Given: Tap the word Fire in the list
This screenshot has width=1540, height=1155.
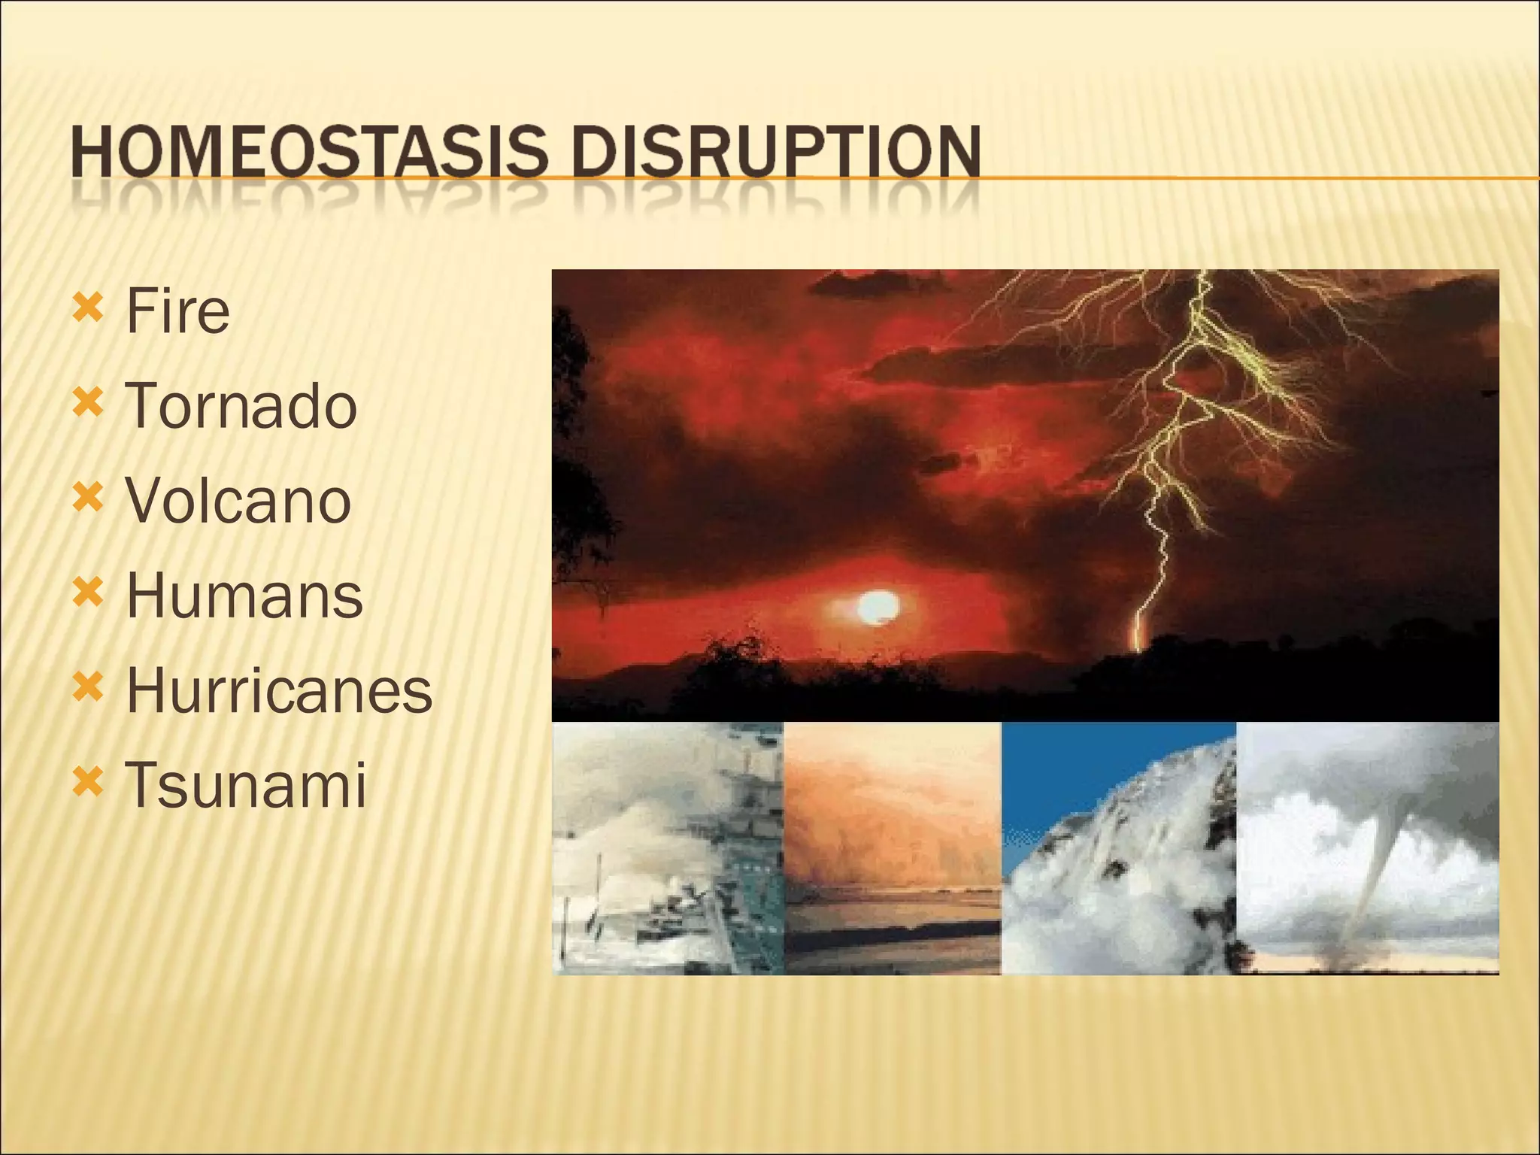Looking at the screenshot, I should pos(177,311).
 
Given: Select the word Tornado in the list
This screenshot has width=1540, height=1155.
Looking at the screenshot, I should pos(241,406).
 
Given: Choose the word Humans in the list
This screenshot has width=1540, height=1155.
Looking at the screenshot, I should pos(244,596).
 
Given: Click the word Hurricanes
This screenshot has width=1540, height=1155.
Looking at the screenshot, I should pos(279,690).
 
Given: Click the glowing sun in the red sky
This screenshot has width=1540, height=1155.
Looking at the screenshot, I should pos(877,607).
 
